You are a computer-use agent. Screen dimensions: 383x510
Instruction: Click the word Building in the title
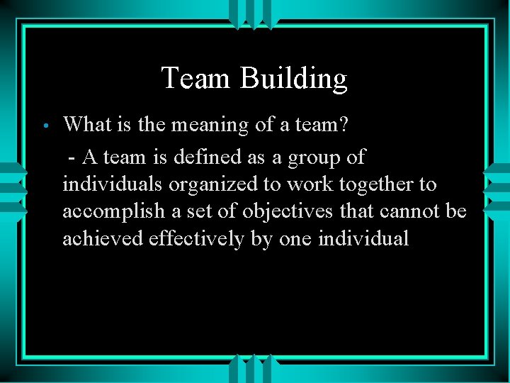(294, 79)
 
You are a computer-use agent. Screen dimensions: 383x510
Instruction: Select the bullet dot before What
(44, 127)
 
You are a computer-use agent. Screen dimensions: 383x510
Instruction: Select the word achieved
(103, 239)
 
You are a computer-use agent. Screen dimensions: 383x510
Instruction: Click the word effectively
(197, 239)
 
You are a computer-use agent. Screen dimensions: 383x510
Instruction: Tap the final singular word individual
(363, 239)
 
